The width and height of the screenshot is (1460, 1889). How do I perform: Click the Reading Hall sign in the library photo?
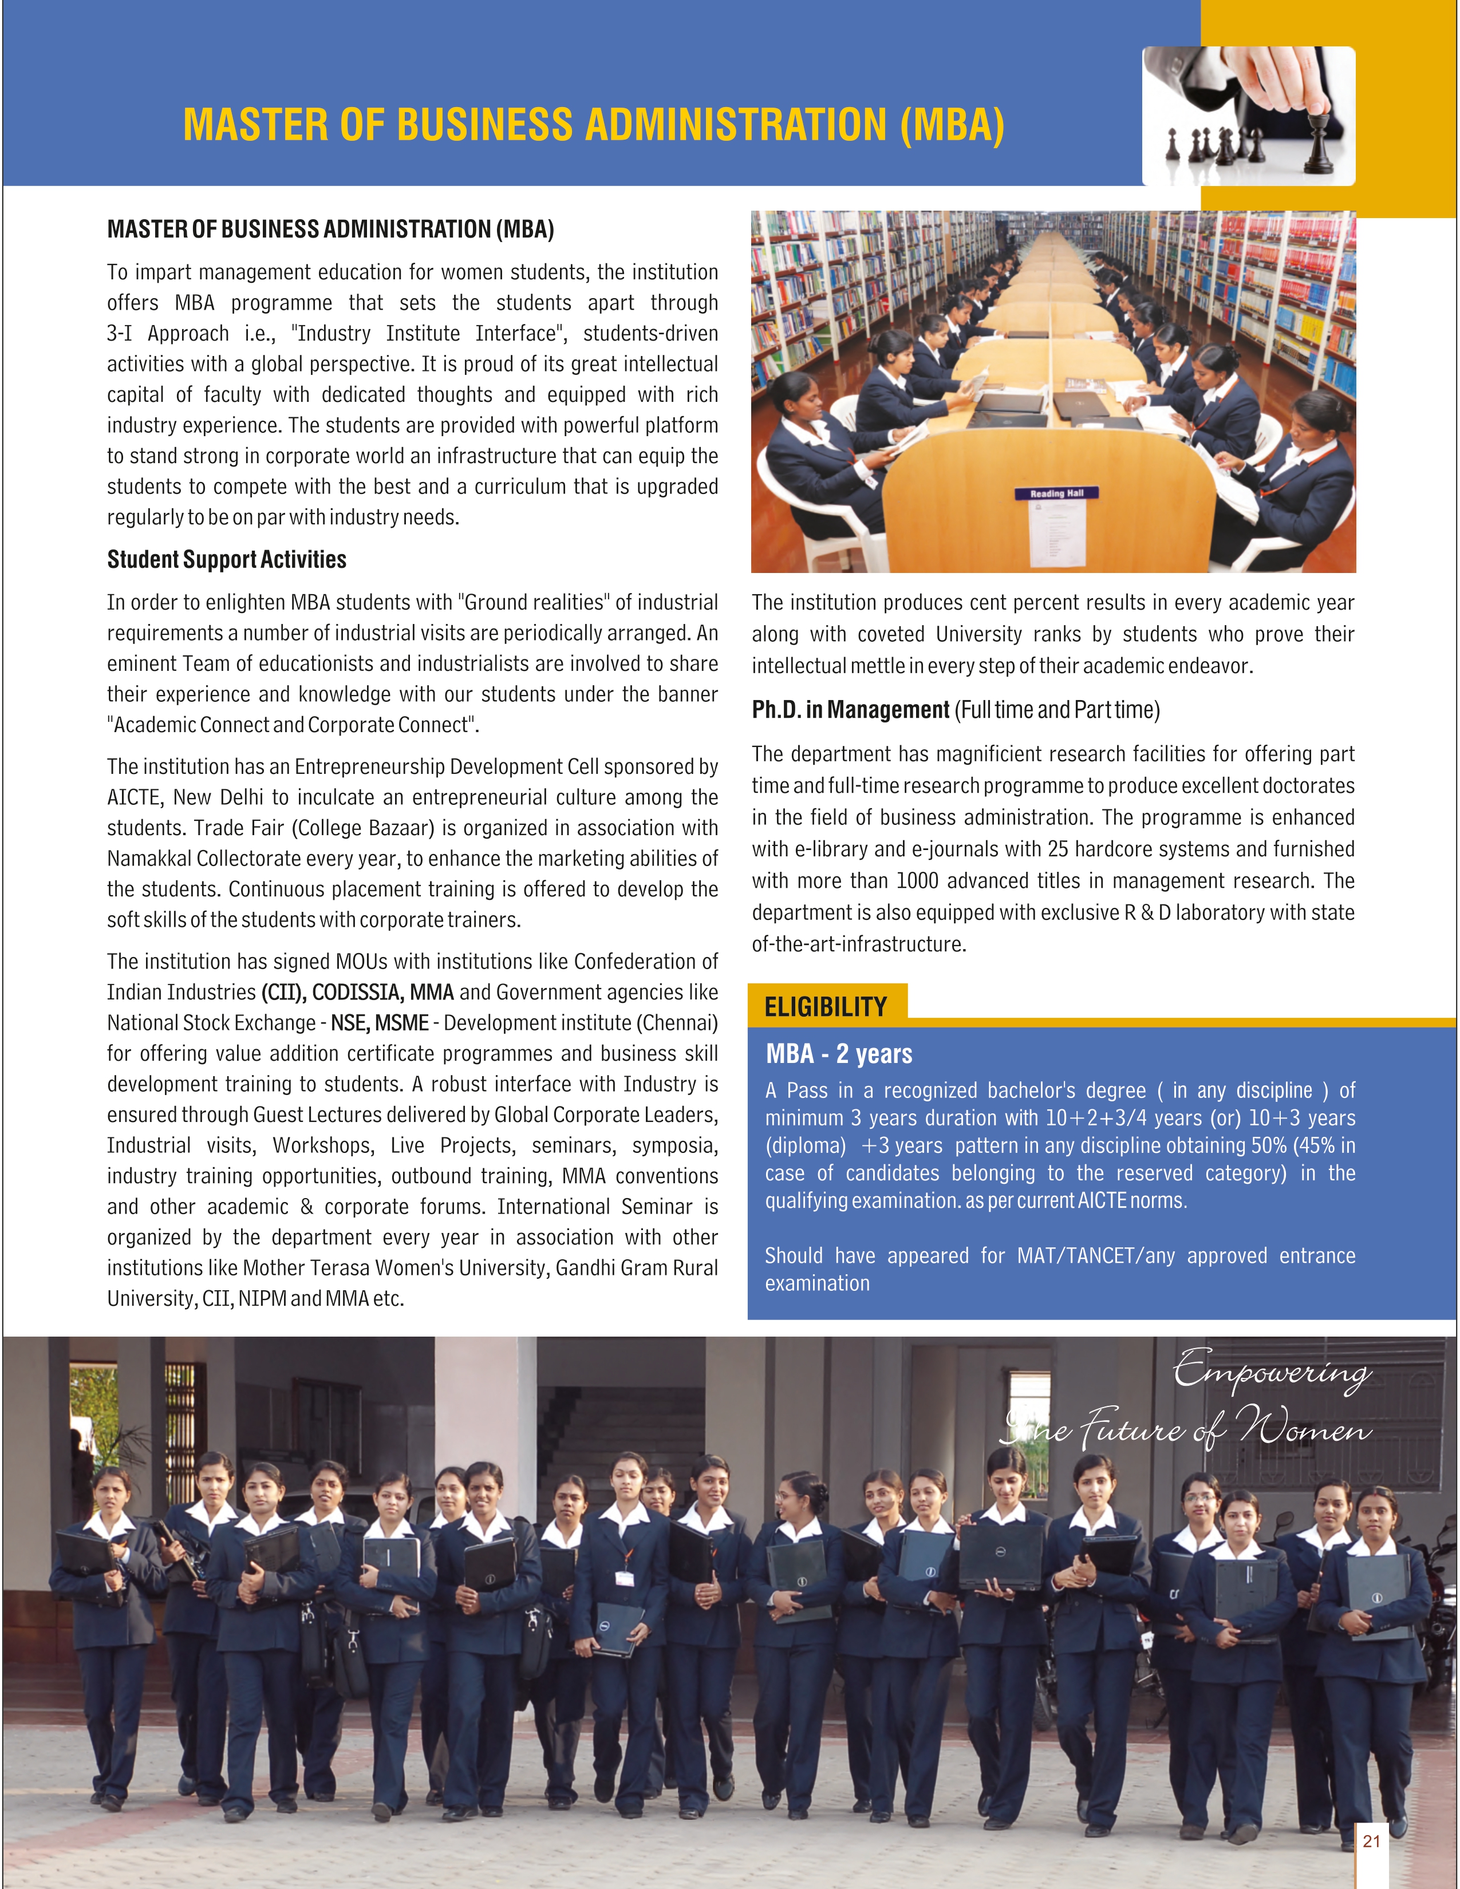tap(1056, 493)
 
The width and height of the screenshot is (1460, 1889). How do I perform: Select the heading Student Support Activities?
tap(227, 560)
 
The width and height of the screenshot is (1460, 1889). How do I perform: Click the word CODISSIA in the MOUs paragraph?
tap(358, 992)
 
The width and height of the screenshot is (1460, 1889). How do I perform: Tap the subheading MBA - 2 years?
tap(838, 1053)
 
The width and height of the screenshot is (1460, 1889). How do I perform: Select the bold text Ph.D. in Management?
tap(850, 710)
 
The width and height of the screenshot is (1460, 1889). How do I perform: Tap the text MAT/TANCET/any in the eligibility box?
tap(1096, 1256)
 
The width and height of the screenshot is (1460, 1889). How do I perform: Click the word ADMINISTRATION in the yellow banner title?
tap(736, 125)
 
